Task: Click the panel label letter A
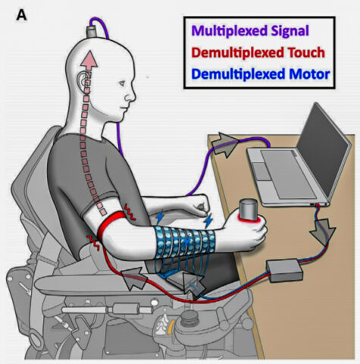[x=21, y=16]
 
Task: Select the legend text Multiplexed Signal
[x=250, y=30]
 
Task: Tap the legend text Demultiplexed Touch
[x=258, y=52]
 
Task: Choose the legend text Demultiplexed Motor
[x=261, y=74]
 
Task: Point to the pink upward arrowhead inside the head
[x=89, y=60]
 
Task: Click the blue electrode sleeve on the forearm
[x=185, y=242]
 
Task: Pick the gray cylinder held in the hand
[x=249, y=209]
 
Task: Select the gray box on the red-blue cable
[x=284, y=270]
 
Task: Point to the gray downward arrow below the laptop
[x=323, y=232]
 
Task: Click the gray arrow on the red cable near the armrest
[x=133, y=278]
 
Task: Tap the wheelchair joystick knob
[x=189, y=318]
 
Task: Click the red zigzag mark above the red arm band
[x=130, y=212]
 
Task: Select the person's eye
[x=122, y=83]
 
